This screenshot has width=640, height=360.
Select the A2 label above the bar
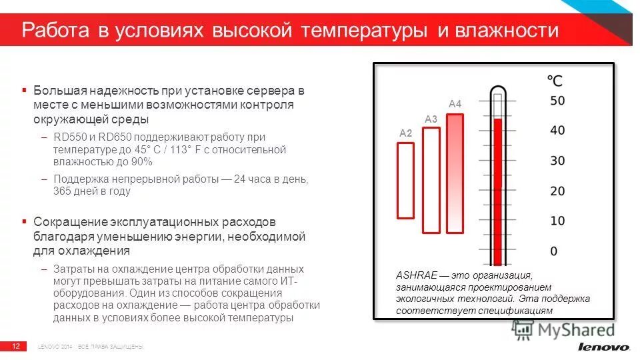coord(406,133)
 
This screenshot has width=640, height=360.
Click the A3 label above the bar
coord(431,119)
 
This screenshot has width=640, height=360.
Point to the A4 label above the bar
coord(455,104)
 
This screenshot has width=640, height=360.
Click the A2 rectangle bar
coord(406,180)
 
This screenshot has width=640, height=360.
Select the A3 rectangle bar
coord(431,180)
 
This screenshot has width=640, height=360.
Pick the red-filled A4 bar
coord(455,173)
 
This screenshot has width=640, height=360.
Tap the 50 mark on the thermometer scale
coord(557,101)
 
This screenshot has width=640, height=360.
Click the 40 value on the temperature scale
coord(557,131)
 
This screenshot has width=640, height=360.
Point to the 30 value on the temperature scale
coord(557,161)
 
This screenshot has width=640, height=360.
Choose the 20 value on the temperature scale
coord(557,191)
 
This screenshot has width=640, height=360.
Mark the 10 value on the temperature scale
coord(557,221)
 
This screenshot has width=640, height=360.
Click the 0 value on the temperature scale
coord(553,251)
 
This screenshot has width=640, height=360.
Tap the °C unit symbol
coord(554,81)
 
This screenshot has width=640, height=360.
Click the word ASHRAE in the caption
coord(416,275)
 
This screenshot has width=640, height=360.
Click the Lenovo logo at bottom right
coord(603,347)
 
